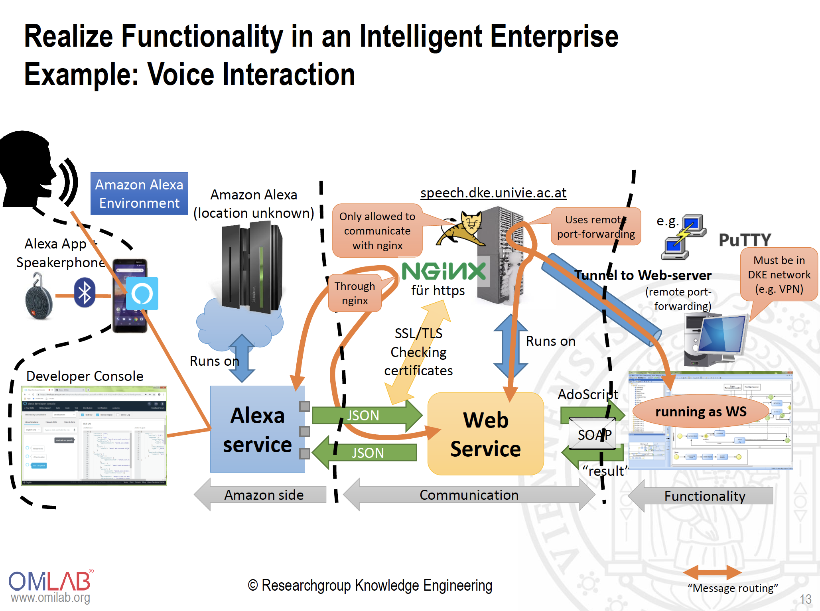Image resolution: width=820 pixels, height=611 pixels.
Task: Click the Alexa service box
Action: pos(257,429)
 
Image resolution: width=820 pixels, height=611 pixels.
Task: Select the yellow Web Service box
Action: pos(485,434)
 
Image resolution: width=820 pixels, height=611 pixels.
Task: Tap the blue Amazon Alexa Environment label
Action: pos(139,194)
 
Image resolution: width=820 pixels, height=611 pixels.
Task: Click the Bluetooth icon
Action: pos(85,293)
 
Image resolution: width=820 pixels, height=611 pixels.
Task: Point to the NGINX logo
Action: pos(444,272)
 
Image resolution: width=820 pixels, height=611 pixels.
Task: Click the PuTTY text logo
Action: pos(745,240)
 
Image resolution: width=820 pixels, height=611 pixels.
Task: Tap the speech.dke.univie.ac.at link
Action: pos(493,193)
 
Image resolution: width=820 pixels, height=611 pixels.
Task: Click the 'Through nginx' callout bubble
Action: pos(355,293)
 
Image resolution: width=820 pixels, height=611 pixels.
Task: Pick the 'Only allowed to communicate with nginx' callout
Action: pos(377,231)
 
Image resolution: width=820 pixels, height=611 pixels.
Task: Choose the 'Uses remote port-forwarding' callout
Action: pos(596,227)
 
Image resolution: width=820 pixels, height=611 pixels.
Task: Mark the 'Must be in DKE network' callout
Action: pos(779,274)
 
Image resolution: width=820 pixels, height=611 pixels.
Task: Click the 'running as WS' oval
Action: pos(701,412)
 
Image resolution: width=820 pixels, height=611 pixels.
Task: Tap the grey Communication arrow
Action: pos(469,495)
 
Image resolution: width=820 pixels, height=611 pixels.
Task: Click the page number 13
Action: pos(805,599)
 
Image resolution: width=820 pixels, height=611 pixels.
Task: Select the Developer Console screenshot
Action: pos(94,436)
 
